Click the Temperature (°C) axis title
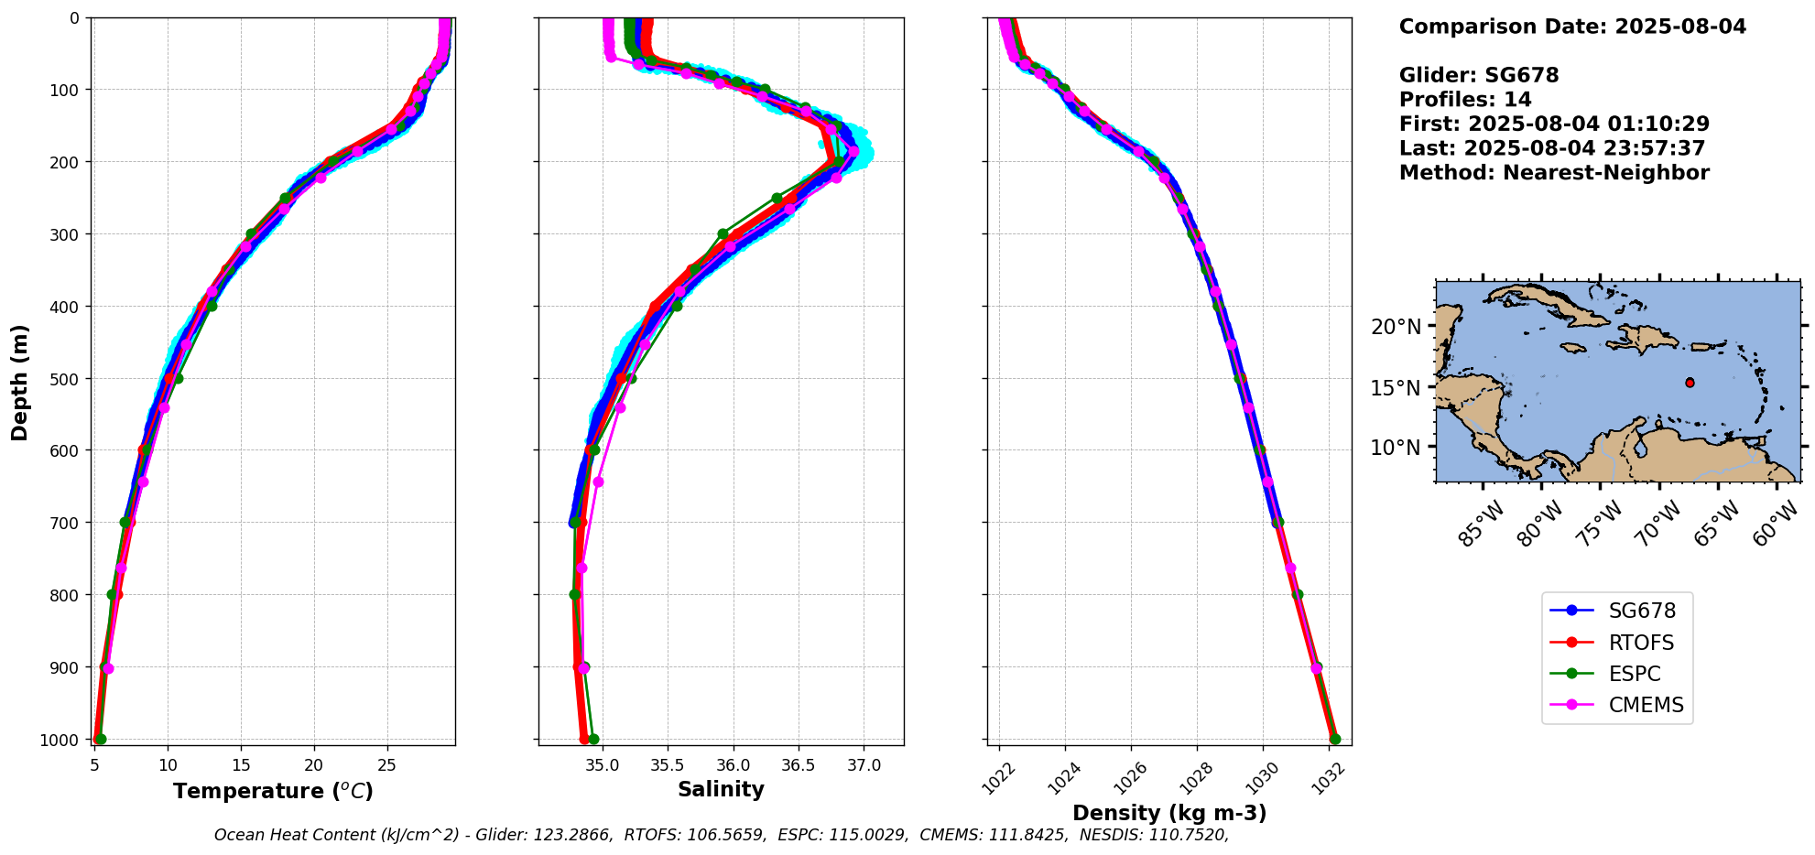[273, 791]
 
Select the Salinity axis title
[721, 789]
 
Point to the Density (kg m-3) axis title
[1169, 813]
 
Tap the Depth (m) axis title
[19, 382]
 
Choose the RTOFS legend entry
[1641, 643]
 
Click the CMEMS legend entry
[1646, 705]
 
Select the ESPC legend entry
[1635, 674]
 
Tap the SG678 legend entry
[1642, 611]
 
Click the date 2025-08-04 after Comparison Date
[1680, 27]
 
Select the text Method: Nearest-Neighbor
[1554, 173]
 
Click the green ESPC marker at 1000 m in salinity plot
[593, 739]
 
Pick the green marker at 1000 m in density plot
[1335, 739]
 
